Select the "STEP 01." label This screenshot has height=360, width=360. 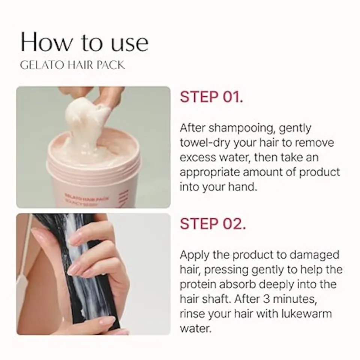[x=211, y=97]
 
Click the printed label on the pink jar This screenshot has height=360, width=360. [x=86, y=197]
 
